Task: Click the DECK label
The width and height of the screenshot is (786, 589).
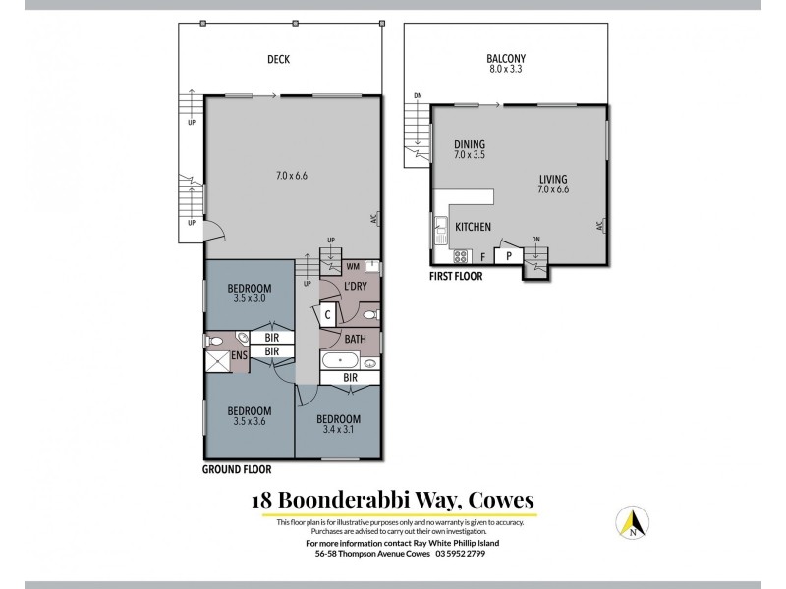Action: click(x=279, y=59)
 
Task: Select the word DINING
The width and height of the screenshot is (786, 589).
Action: click(x=470, y=144)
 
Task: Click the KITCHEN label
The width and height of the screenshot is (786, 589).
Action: click(x=473, y=227)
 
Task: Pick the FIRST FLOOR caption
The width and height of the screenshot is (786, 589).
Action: click(x=456, y=276)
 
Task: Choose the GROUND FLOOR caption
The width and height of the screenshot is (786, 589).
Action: click(x=237, y=469)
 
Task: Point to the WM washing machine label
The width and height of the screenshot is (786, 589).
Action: click(x=352, y=266)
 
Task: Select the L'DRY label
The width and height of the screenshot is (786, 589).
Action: click(x=355, y=287)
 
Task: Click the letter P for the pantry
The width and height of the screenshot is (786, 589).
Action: click(x=508, y=256)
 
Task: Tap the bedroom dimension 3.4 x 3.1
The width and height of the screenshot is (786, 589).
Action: click(x=337, y=428)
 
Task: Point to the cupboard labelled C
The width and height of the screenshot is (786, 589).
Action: click(x=328, y=314)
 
